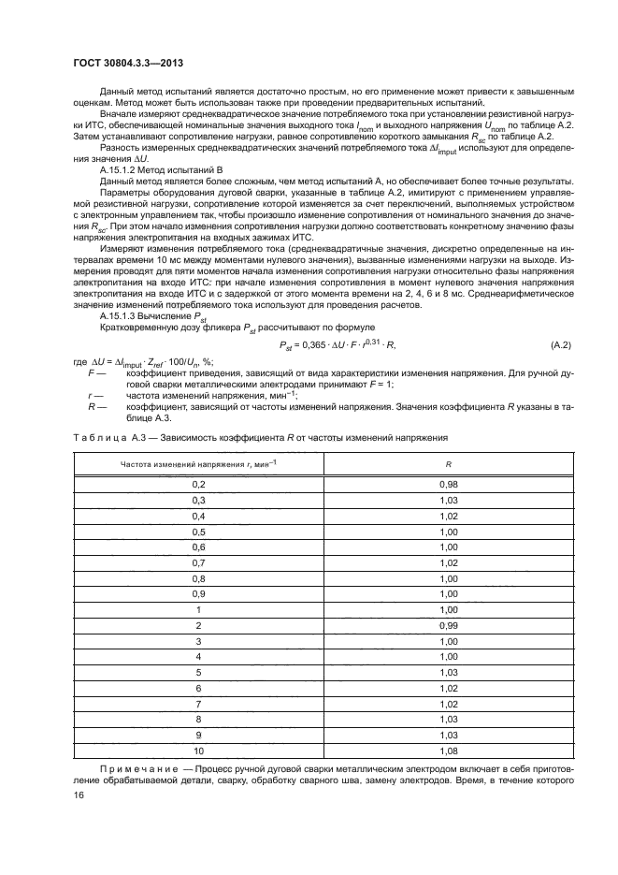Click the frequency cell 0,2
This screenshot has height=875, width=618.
(x=198, y=483)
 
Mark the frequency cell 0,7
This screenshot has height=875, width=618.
(x=198, y=561)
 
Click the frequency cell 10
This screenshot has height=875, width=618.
(x=198, y=751)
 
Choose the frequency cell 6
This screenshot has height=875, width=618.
(x=198, y=688)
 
